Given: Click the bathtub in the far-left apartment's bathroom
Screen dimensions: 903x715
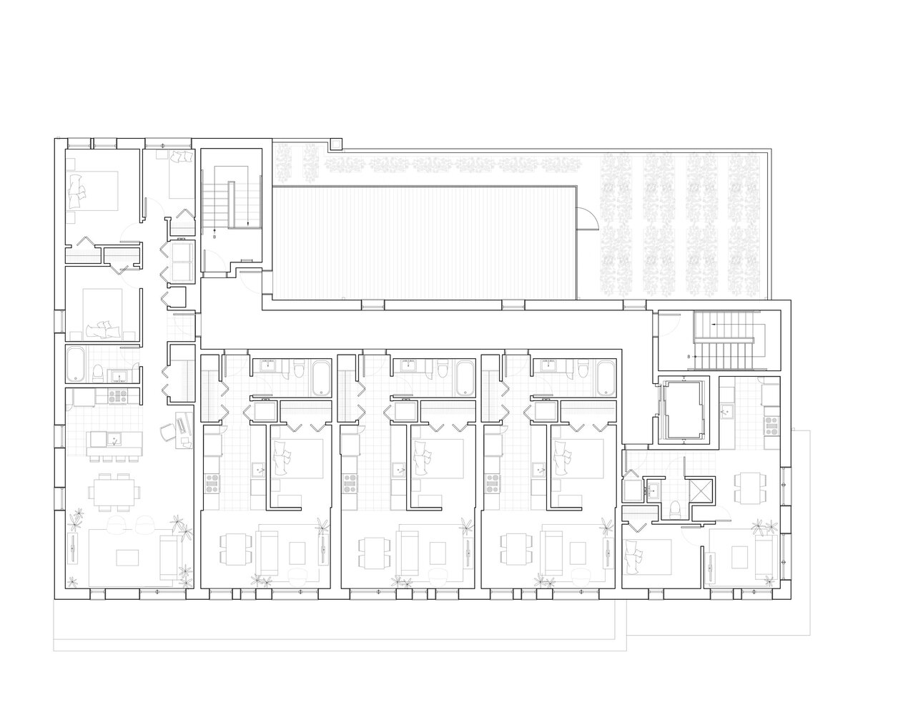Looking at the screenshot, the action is click(77, 364).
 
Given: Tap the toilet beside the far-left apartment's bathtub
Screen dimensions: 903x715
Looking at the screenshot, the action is click(98, 373).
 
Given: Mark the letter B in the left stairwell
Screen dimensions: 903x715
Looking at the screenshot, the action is click(214, 237).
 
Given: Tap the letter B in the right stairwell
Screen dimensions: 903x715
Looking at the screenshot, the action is click(689, 357).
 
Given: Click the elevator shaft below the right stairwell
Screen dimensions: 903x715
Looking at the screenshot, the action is click(683, 410).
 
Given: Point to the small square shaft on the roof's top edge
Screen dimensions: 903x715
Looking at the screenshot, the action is click(336, 144).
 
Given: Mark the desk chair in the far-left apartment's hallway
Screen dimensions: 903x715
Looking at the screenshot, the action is click(168, 431).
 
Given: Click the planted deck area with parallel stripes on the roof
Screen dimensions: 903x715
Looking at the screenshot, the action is click(424, 243).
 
